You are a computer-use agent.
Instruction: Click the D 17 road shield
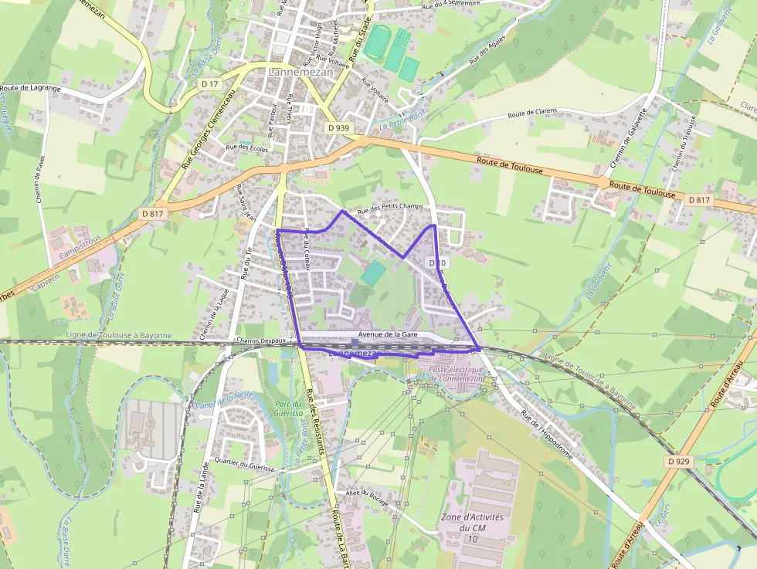click(209, 83)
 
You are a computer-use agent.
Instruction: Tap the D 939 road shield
click(338, 127)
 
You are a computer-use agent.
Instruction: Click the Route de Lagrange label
click(30, 89)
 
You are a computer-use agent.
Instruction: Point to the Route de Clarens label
click(531, 114)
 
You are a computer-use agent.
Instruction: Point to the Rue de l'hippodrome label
click(548, 434)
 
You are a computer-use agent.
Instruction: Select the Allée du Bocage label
click(367, 495)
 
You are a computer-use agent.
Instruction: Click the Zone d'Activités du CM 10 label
click(472, 527)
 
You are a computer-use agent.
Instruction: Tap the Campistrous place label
click(81, 252)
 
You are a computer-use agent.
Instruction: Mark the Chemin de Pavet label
click(42, 179)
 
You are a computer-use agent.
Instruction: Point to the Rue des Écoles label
click(246, 147)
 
